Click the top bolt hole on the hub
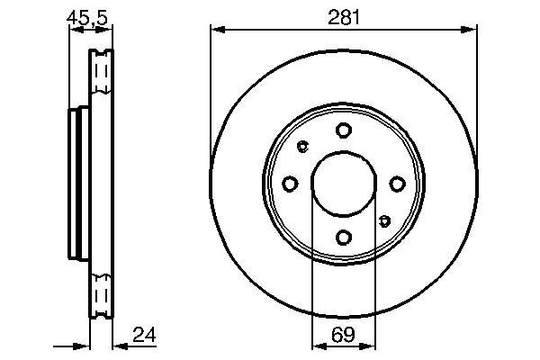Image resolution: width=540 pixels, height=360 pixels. [343, 130]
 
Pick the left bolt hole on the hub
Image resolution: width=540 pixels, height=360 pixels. [290, 184]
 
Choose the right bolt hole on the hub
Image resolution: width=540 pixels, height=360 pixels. [396, 184]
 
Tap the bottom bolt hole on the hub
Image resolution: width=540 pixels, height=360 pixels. [343, 237]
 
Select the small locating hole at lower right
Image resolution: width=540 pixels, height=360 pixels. [384, 220]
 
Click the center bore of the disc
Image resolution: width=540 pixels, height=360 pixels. [343, 184]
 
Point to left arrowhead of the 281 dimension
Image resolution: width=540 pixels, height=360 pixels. [215, 31]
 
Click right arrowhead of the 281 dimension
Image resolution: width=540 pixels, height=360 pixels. [471, 31]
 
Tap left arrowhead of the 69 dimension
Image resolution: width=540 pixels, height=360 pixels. [317, 346]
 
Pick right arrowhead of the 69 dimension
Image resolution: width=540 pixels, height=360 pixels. [369, 346]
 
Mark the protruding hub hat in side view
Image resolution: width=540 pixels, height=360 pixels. [77, 184]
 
